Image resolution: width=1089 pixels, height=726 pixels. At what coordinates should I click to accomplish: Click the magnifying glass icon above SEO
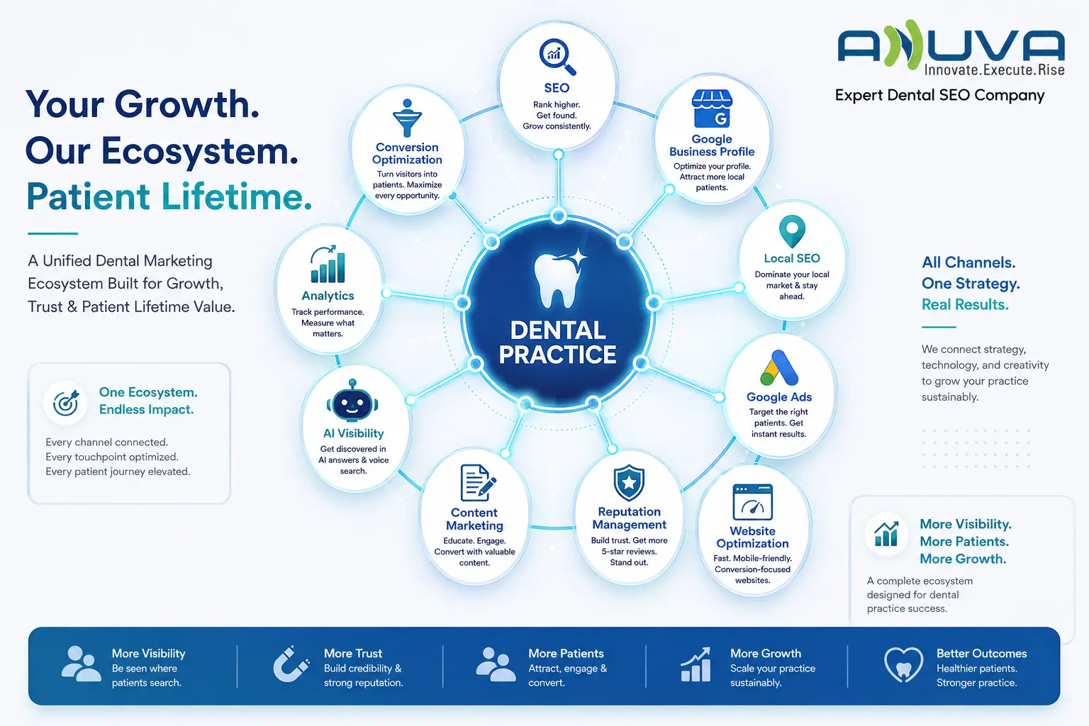[557, 57]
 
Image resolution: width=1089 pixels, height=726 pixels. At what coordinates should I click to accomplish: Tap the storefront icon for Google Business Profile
[712, 108]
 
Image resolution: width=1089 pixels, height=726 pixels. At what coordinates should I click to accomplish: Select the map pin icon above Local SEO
[792, 231]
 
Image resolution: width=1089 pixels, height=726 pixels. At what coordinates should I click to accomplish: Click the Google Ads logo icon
[779, 368]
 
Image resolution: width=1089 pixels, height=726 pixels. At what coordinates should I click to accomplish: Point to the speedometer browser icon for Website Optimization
[752, 502]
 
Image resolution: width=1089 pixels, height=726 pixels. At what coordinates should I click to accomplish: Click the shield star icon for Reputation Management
[629, 482]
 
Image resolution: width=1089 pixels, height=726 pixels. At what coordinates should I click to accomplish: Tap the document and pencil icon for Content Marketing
[478, 483]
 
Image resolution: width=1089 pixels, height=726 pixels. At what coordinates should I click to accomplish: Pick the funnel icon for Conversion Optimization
[407, 118]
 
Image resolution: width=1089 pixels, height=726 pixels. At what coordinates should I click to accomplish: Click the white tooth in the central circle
[559, 279]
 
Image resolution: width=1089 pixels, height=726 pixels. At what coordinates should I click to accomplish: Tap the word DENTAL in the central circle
[558, 330]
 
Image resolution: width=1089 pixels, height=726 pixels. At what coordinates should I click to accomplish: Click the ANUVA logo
[951, 49]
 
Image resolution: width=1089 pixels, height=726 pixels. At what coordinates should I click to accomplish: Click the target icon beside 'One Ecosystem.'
[66, 403]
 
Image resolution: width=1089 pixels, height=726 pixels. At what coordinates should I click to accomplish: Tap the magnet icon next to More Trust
[291, 664]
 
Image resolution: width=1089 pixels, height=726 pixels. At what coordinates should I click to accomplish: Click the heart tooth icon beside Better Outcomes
[903, 664]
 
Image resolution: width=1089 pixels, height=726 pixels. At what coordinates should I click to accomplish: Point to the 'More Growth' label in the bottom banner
[765, 653]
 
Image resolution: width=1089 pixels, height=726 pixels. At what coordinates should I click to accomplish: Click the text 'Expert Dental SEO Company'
[939, 96]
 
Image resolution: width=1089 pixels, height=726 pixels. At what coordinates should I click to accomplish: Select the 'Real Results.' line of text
[965, 305]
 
